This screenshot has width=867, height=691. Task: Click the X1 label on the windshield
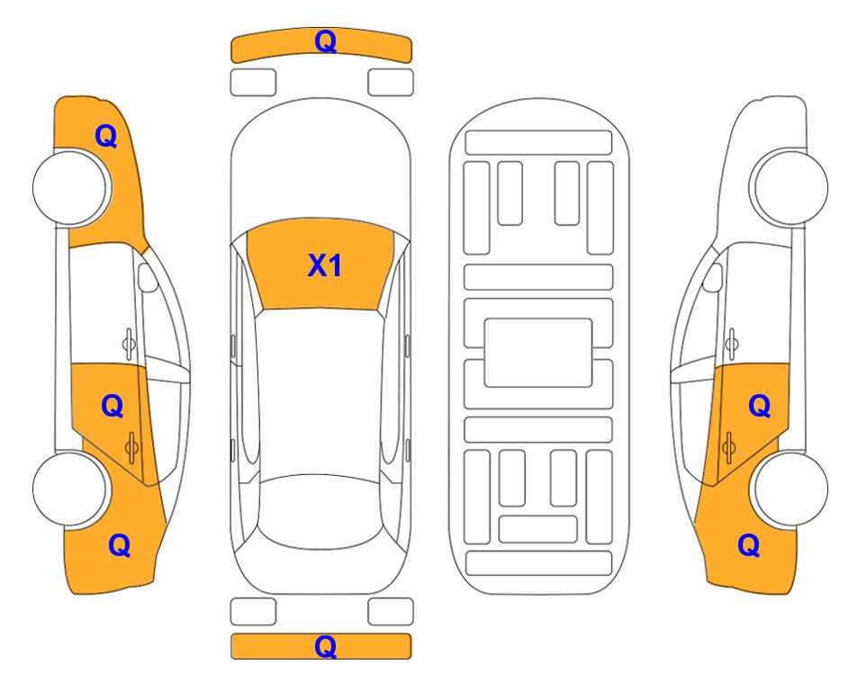pyautogui.click(x=325, y=265)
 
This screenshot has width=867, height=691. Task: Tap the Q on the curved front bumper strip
pyautogui.click(x=325, y=41)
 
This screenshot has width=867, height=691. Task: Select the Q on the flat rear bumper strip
pyautogui.click(x=325, y=646)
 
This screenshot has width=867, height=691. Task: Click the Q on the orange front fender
pyautogui.click(x=106, y=136)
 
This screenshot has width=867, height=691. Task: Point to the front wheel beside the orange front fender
pyautogui.click(x=70, y=187)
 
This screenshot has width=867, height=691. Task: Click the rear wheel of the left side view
pyautogui.click(x=70, y=489)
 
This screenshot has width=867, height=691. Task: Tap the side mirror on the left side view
pyautogui.click(x=147, y=277)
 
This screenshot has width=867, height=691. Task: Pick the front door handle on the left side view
pyautogui.click(x=129, y=344)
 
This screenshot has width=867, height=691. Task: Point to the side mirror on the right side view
pyautogui.click(x=713, y=277)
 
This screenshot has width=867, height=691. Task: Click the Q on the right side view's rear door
pyautogui.click(x=759, y=407)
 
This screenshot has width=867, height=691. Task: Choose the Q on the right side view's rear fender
pyautogui.click(x=749, y=545)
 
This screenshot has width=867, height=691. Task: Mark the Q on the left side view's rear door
pyautogui.click(x=113, y=407)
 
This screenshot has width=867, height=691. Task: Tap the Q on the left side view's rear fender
pyautogui.click(x=120, y=545)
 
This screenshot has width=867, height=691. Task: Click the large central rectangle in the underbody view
pyautogui.click(x=538, y=353)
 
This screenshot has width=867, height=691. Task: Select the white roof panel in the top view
pyautogui.click(x=321, y=392)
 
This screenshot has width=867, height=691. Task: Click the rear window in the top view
pyautogui.click(x=321, y=511)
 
